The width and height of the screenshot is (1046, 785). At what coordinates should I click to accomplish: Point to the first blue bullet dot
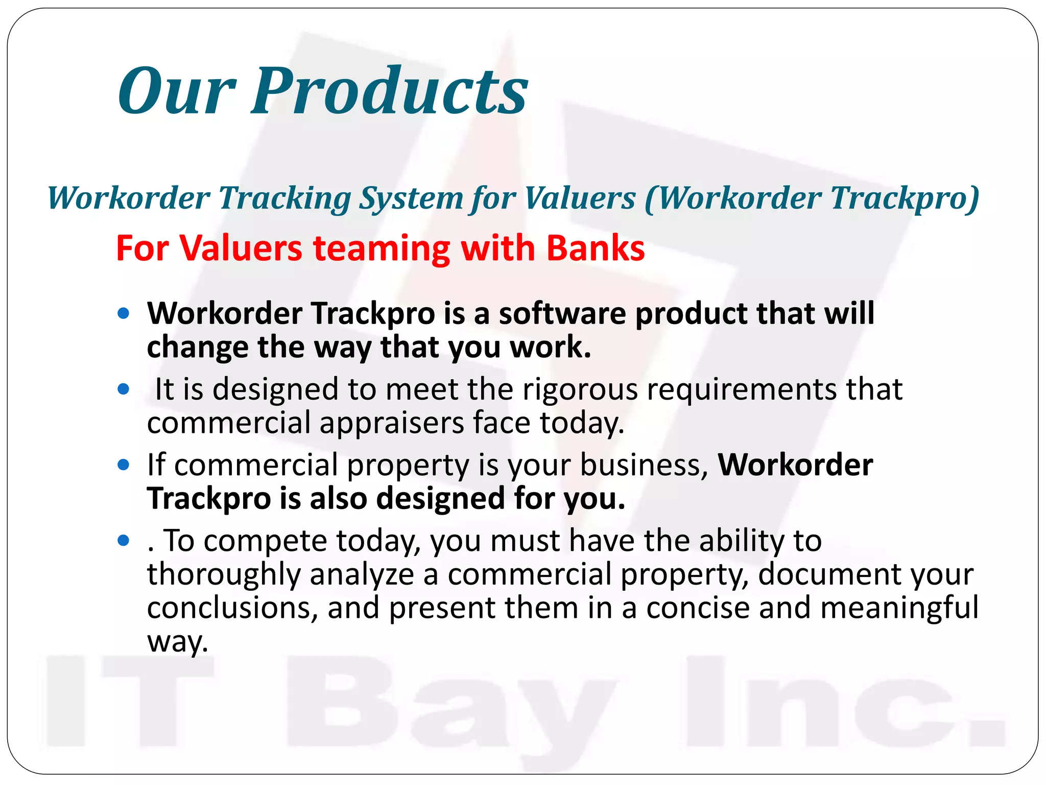point(123,313)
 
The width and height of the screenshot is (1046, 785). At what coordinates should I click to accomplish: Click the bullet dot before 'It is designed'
point(123,389)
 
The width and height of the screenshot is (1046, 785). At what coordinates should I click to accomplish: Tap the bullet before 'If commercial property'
point(123,465)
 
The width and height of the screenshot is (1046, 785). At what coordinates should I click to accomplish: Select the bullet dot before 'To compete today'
point(123,540)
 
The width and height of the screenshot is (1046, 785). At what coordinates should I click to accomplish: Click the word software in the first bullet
point(562,313)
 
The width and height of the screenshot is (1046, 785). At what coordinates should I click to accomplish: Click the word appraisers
point(391,423)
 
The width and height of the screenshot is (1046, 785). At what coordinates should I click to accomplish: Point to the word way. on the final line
point(178,642)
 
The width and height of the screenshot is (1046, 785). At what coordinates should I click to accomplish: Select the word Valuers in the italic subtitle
point(580,198)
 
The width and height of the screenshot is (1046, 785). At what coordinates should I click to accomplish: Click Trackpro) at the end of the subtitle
point(904,198)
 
